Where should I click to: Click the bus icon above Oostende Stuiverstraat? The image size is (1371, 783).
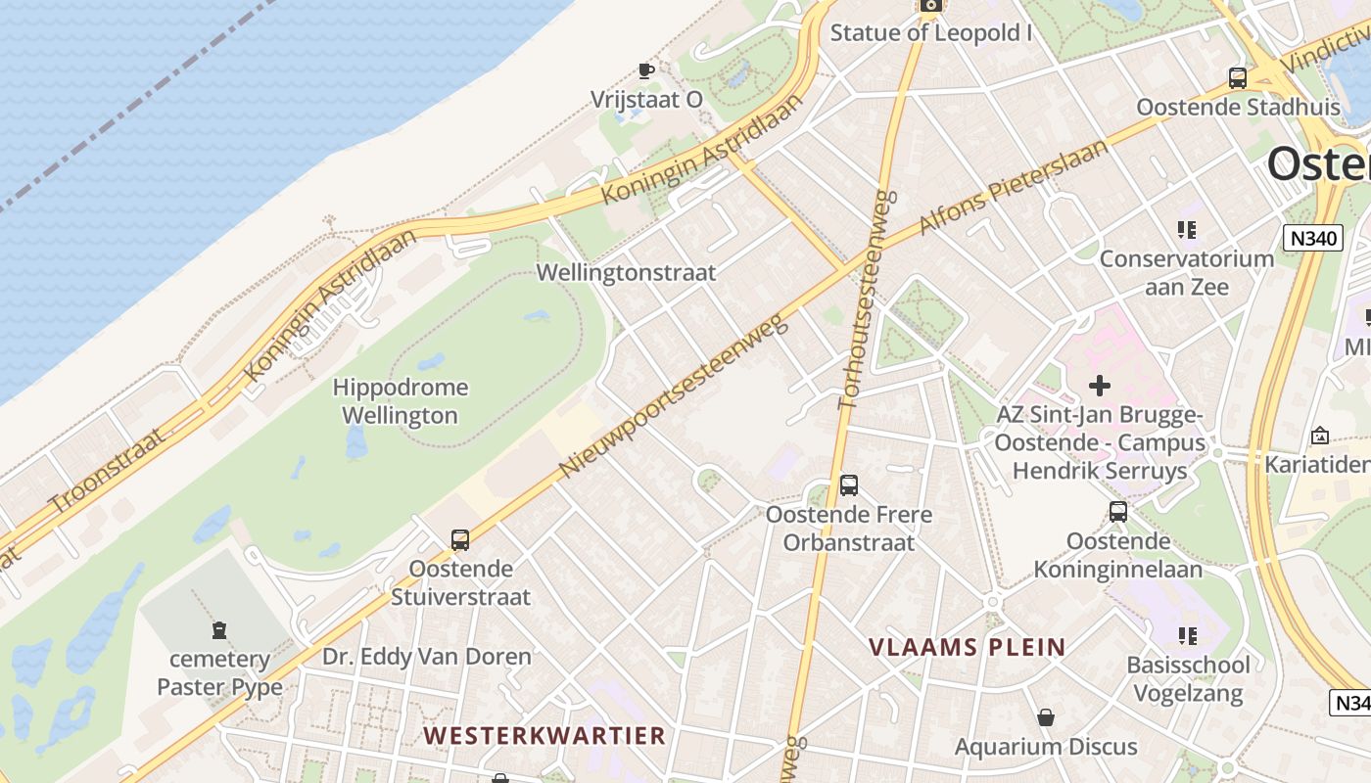tap(459, 539)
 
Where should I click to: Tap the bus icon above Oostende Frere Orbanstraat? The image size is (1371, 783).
tap(849, 485)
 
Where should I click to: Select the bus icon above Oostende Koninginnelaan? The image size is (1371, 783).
tap(1117, 512)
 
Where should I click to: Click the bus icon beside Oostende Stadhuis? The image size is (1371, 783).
tap(1238, 78)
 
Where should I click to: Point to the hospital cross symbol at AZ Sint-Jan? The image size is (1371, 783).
tap(1100, 386)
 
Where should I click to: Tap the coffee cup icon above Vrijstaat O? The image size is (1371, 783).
tap(645, 70)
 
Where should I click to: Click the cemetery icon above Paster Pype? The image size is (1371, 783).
tap(218, 630)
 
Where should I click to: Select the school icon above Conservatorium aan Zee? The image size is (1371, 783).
tap(1187, 230)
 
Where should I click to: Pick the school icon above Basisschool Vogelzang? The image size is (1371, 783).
tap(1188, 636)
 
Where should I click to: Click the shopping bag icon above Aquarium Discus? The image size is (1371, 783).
tap(1046, 718)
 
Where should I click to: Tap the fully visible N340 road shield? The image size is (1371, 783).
tap(1312, 237)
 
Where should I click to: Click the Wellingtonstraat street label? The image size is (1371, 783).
tap(627, 273)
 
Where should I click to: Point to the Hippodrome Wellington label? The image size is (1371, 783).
tap(400, 401)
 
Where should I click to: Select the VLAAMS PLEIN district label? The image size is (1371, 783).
tap(968, 647)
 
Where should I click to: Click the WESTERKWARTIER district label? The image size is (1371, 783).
tap(544, 735)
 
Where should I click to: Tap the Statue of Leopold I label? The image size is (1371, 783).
tap(931, 33)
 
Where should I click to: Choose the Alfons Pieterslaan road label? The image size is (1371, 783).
tap(1014, 187)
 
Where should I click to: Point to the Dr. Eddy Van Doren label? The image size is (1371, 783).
tap(427, 657)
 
